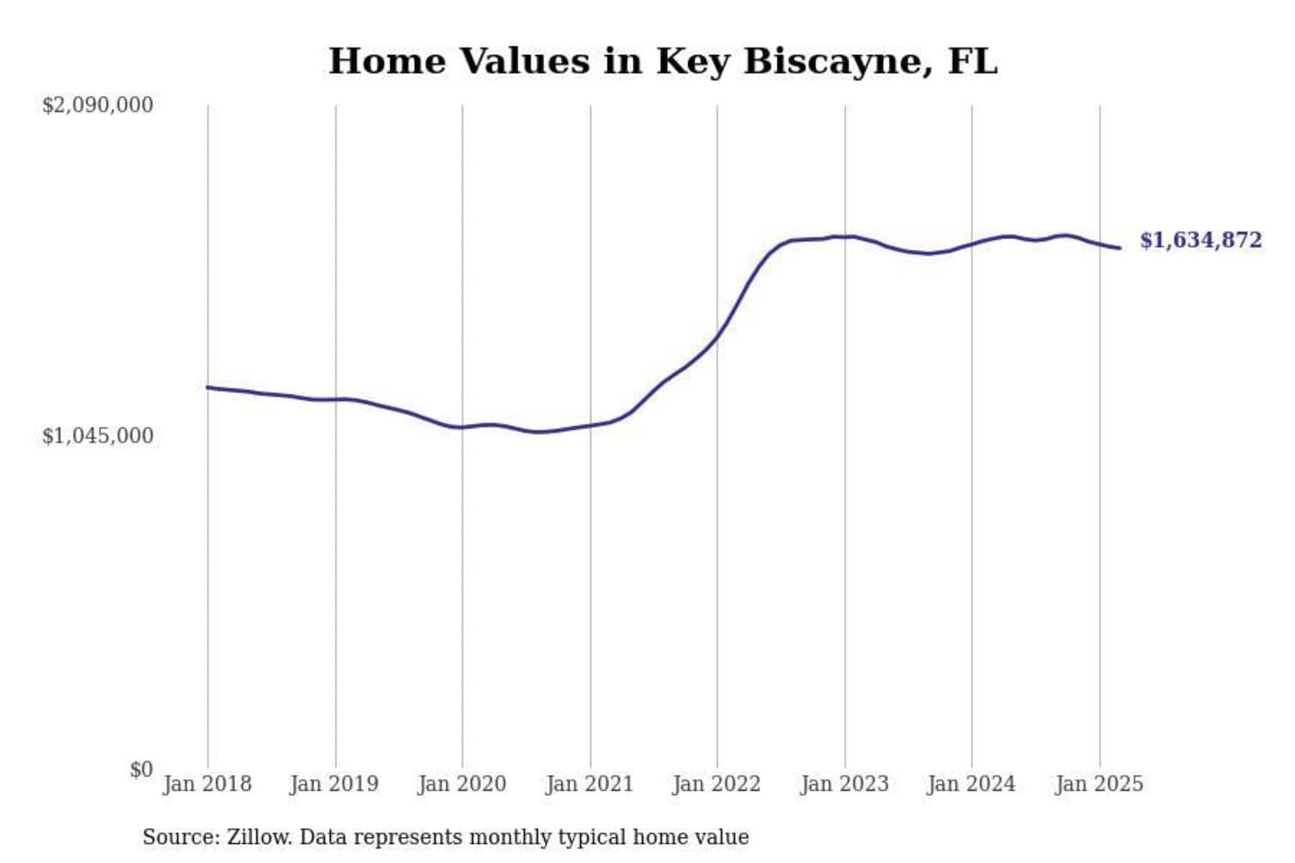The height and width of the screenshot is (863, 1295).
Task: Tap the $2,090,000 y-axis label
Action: point(98,105)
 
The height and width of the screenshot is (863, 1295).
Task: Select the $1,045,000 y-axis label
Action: point(98,436)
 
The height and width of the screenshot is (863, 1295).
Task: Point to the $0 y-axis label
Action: point(141,770)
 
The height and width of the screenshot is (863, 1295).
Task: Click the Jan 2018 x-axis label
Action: point(207,784)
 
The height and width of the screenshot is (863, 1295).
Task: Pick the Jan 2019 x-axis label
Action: point(335,784)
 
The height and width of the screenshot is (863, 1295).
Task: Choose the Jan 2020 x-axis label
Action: point(462,784)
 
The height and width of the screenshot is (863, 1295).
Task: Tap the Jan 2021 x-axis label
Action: point(590,784)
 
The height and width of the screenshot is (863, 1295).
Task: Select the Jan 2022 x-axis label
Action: point(716,784)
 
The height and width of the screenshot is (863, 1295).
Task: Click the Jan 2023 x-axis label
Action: point(844,784)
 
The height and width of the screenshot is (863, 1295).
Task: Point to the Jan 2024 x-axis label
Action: point(971,784)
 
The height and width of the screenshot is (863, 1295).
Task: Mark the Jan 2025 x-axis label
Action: point(1099,784)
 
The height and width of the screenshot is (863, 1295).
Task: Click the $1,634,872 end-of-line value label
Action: point(1201,240)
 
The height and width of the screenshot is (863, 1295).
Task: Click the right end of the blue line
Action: point(1120,248)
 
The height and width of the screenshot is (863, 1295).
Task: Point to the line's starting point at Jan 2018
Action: point(208,387)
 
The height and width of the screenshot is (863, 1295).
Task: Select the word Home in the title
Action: point(388,61)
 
